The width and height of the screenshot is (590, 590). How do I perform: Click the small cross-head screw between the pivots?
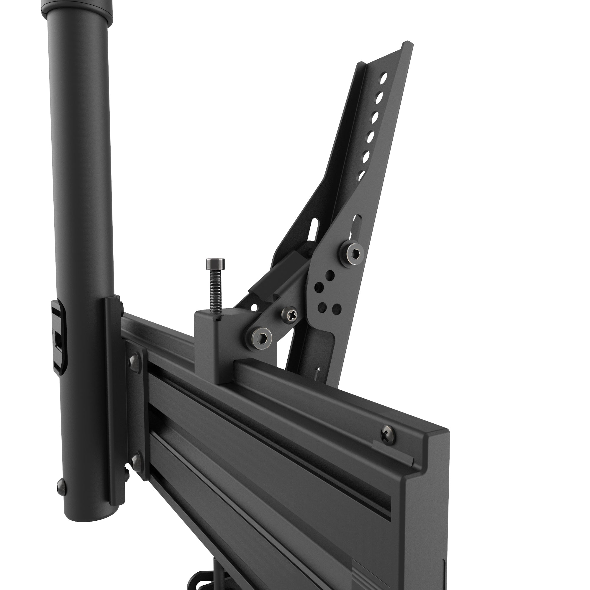289,314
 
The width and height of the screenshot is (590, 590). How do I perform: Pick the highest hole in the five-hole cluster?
330,274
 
